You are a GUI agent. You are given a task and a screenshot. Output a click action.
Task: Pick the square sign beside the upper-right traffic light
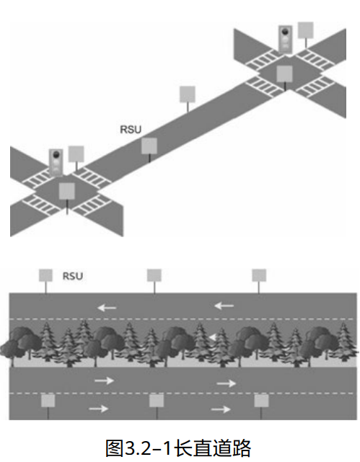tap(307, 30)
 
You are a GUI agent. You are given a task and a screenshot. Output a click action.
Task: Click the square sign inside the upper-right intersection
tap(285, 74)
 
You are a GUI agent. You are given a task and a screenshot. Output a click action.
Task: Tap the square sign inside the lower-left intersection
tap(67, 191)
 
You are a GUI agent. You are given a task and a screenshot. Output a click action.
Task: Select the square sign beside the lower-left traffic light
tap(76, 153)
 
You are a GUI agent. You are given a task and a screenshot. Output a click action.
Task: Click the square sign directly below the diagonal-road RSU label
tap(149, 146)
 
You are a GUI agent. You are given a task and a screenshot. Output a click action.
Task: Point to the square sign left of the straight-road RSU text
tap(45, 275)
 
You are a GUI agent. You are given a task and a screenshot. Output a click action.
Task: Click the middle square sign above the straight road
tap(154, 275)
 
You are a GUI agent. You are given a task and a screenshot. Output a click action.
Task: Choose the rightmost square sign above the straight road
tap(259, 275)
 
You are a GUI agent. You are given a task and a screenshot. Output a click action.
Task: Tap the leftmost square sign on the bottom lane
tap(48, 401)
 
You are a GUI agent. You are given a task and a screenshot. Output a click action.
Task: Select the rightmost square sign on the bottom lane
tap(261, 401)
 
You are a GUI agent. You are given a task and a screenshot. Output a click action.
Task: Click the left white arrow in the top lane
tap(107, 307)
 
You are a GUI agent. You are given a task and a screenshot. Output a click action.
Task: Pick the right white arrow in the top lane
tap(224, 306)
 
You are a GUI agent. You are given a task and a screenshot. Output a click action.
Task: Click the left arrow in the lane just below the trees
tap(104, 380)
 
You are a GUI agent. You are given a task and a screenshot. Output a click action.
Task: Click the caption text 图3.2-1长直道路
tap(179, 448)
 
